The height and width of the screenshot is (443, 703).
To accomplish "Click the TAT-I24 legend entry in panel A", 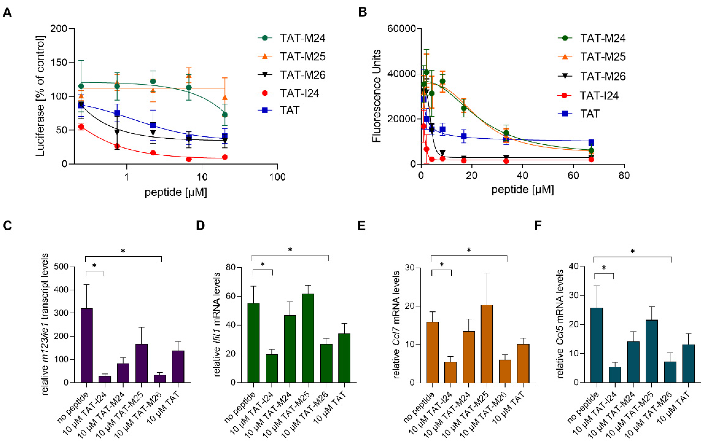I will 300,93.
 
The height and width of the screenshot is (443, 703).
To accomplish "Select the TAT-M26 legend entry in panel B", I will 602,76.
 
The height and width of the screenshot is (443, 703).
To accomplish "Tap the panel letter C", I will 8,226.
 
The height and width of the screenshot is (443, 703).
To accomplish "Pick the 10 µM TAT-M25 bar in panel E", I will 487,344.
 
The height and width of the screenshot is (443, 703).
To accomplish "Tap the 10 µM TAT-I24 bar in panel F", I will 615,374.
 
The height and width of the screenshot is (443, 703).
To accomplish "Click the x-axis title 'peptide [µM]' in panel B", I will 523,190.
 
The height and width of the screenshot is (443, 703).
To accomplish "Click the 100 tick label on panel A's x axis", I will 277,177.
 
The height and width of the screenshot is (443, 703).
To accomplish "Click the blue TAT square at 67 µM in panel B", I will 591,142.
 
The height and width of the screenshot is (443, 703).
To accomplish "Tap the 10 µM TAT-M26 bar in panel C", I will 160,378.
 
